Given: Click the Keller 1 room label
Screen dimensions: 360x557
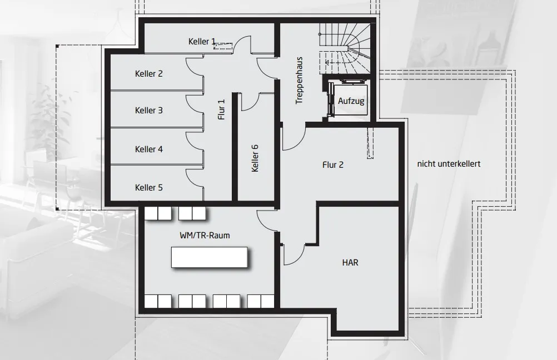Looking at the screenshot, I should [x=202, y=42].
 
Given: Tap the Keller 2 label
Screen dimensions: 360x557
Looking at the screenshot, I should [x=149, y=73].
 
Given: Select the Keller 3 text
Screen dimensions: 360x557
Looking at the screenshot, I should [x=149, y=111].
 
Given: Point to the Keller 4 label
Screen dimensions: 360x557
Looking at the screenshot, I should [x=149, y=149].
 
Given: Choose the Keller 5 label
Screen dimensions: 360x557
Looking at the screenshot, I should [x=149, y=188].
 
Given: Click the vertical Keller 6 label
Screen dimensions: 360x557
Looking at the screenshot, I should [x=255, y=158].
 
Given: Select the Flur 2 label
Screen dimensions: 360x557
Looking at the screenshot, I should [x=333, y=164].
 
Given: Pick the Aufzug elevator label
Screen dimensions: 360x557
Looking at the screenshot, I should [x=351, y=101].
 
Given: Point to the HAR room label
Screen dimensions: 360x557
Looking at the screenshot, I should [x=350, y=262].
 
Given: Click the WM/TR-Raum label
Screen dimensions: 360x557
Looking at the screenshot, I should [x=205, y=236].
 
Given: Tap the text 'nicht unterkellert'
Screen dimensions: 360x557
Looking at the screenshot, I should [x=449, y=164].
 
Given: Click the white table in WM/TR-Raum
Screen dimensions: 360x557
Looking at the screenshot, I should [x=209, y=257].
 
